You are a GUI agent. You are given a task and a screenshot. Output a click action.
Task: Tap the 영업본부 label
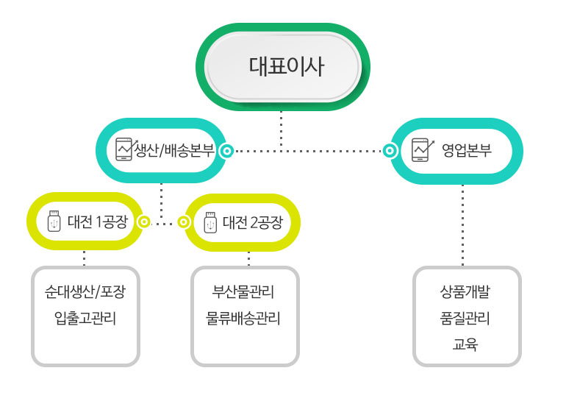[x=466, y=150]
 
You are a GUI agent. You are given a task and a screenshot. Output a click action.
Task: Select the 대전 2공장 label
[x=252, y=222]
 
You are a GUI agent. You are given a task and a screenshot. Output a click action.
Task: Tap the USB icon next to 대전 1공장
[x=54, y=222]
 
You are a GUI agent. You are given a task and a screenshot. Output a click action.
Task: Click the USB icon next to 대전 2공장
[x=209, y=222]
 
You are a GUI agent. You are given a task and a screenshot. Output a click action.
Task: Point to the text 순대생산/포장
[x=85, y=292]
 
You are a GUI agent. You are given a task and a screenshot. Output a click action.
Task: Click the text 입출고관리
[x=85, y=319]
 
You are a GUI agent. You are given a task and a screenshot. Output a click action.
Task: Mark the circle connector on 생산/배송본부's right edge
[x=228, y=151]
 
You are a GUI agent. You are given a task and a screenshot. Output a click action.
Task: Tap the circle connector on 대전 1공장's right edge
[x=145, y=221]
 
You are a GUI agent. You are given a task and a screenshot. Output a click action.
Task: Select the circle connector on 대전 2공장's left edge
[x=185, y=221]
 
